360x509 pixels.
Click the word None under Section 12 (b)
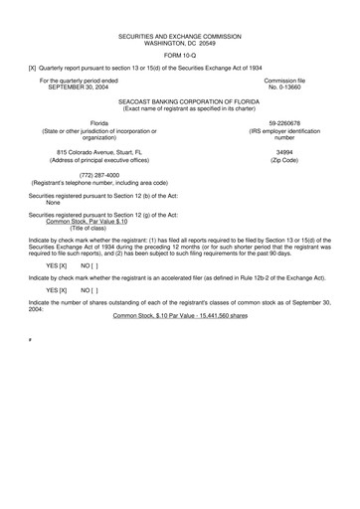tap(41, 203)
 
